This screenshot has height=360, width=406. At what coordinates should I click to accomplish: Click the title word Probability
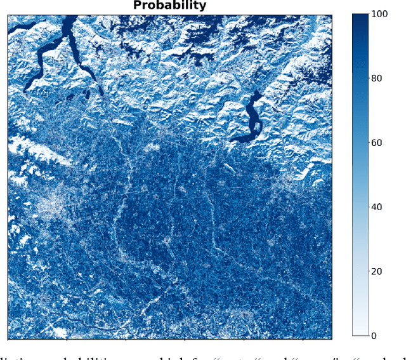pos(169,6)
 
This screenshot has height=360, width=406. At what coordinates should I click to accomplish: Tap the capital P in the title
pos(136,6)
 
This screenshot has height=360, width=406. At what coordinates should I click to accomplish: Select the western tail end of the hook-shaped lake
pos(232,138)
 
